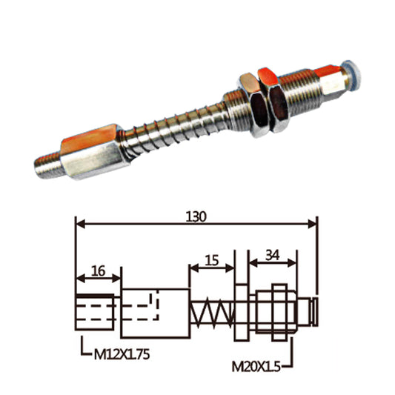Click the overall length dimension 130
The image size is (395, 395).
coord(196,216)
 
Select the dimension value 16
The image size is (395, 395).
coord(97,271)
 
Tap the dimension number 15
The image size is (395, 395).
coord(212,260)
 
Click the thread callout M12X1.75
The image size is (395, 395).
coord(122,355)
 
